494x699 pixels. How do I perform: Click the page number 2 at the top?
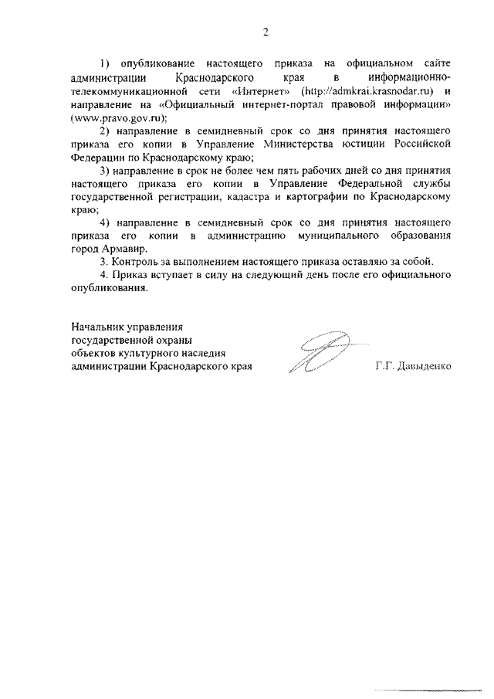click(265, 32)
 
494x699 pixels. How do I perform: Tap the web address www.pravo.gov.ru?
click(117, 118)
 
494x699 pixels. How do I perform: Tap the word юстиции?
click(376, 143)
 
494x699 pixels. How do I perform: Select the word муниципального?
click(340, 235)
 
